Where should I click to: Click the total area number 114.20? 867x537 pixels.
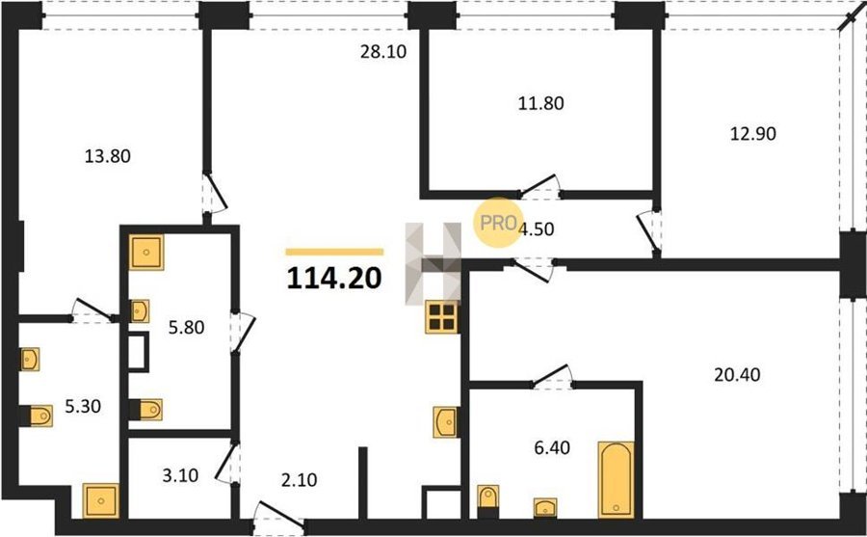coord(334,279)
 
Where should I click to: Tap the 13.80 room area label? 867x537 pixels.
coord(108,157)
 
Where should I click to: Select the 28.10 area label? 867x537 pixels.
coord(383,52)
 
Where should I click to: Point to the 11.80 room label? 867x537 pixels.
coord(540,103)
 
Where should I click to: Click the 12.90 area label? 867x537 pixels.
coord(753,134)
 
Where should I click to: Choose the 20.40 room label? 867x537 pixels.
coord(737,375)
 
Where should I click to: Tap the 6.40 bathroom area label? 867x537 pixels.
coord(552,447)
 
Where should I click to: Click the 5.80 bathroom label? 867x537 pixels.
coord(186,328)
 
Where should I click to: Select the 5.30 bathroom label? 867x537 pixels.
coord(83,407)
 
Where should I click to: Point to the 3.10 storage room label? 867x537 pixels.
coord(180,475)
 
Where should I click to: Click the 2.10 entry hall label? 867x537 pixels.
coord(300,480)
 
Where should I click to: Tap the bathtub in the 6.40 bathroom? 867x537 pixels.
coord(616,479)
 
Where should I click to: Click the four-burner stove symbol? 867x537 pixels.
coord(442,317)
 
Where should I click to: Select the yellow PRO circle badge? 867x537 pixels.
coord(498,223)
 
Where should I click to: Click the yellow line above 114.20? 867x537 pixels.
coord(334,252)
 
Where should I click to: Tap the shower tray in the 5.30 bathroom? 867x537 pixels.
coord(100,501)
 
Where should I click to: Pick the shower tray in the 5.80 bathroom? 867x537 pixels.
coord(146,253)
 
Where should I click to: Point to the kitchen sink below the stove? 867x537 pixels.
coord(446,422)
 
